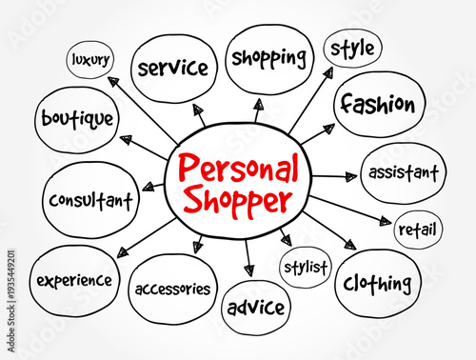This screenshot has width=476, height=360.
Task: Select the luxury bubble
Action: coord(89,60)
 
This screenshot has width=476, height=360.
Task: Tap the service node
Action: coord(172,68)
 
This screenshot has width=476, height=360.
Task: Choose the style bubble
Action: coord(351,47)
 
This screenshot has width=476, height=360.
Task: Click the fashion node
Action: coord(377,103)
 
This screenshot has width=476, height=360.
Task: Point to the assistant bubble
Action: coord(404,173)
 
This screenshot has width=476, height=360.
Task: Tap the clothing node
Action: coord(378,282)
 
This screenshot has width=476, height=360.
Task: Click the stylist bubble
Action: coord(305,267)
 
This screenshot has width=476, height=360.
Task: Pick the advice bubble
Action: coord(256,308)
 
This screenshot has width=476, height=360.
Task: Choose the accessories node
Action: coord(173,288)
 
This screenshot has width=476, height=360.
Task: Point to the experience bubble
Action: coord(75,280)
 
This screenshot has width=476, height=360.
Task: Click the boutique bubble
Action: coord(77,120)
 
